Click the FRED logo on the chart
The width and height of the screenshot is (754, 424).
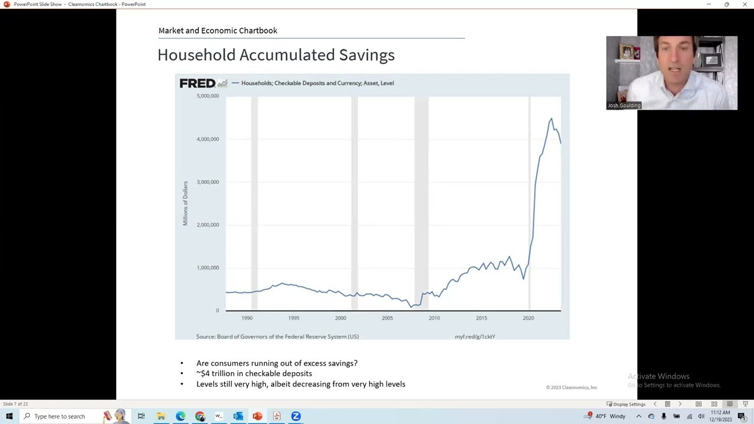click(x=197, y=83)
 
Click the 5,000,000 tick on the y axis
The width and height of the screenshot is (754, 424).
click(x=207, y=96)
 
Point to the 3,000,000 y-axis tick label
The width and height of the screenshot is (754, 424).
click(x=207, y=182)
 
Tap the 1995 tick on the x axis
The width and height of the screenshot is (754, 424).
click(x=293, y=318)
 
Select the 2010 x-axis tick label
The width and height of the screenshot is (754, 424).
click(x=434, y=318)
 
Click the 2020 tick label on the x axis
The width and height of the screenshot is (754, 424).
click(x=528, y=318)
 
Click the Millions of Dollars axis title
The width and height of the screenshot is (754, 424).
click(x=185, y=203)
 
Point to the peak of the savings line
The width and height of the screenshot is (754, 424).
click(x=551, y=119)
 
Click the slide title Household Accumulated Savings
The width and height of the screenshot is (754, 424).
click(x=276, y=55)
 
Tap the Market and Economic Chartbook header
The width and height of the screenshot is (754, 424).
click(x=217, y=31)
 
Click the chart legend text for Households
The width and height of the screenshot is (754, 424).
click(x=317, y=83)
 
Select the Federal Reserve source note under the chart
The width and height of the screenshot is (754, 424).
click(x=277, y=337)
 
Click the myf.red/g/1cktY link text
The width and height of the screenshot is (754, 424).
click(x=475, y=337)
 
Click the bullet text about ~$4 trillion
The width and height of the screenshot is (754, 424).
click(x=254, y=373)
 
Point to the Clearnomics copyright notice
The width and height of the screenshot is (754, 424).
click(x=571, y=387)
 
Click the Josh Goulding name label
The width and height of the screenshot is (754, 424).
click(x=624, y=105)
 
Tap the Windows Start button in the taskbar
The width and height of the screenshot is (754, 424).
click(x=9, y=416)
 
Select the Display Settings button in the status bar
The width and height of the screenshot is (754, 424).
click(x=626, y=404)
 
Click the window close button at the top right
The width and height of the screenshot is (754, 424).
click(x=745, y=4)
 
